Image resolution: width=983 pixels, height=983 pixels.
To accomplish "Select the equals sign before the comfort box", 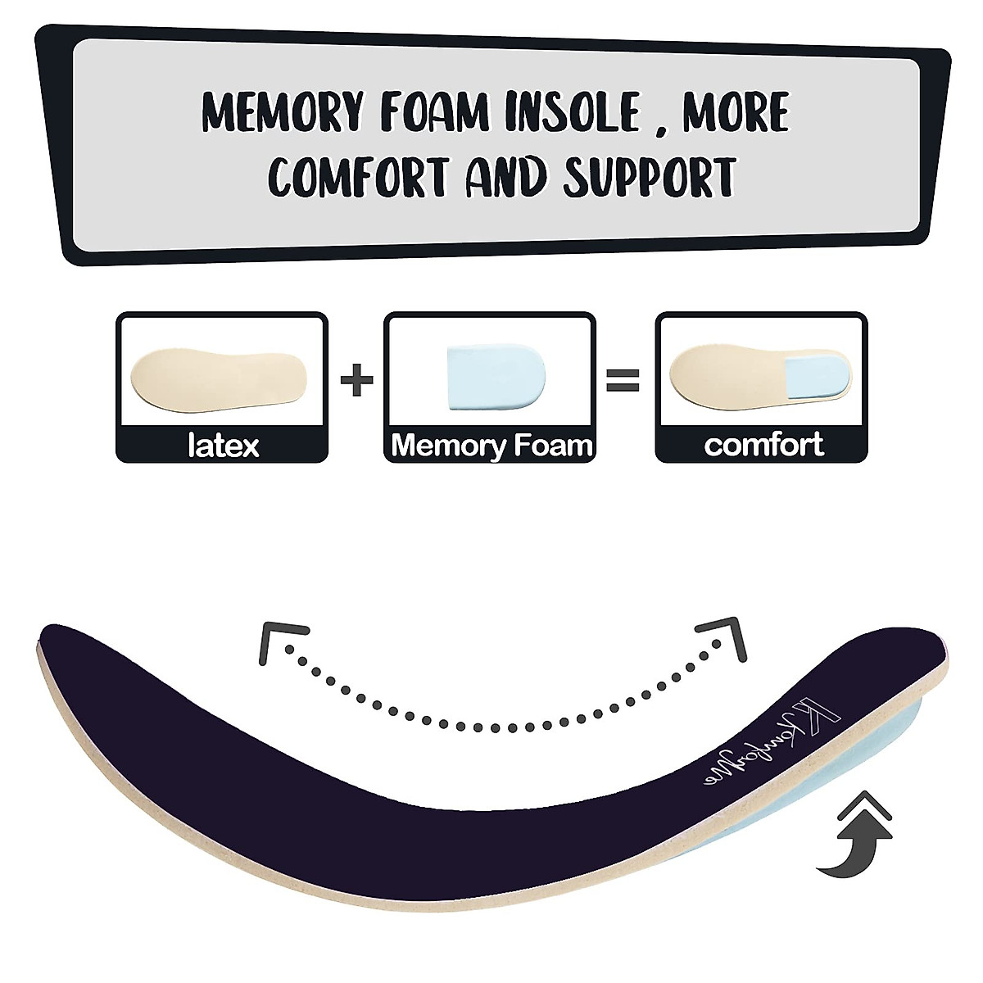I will [x=623, y=381].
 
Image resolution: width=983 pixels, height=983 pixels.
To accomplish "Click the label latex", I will [x=223, y=446].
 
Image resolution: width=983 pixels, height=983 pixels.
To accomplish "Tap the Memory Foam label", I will [x=491, y=446].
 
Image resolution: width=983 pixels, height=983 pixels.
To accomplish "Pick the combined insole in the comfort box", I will [x=760, y=372].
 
